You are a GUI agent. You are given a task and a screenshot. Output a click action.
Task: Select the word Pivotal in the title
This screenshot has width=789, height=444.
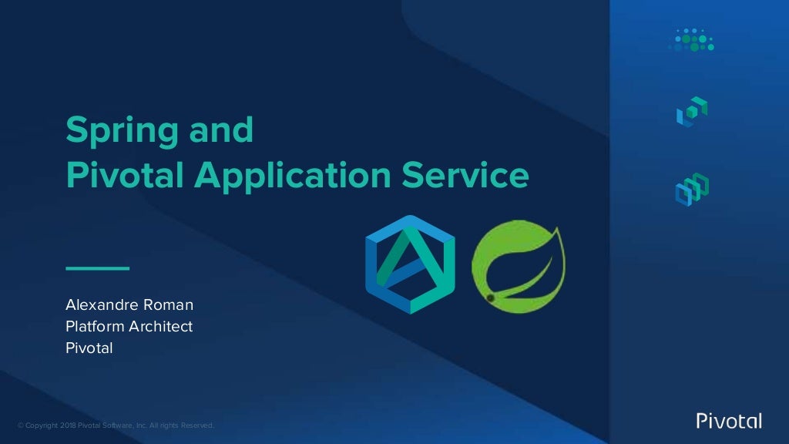click(124, 176)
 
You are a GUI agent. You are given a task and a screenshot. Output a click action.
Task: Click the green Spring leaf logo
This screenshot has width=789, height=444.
click(517, 267)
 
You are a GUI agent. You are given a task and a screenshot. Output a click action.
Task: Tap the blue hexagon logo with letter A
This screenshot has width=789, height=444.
click(410, 264)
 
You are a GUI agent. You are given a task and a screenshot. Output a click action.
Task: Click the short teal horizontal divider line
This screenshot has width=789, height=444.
click(98, 268)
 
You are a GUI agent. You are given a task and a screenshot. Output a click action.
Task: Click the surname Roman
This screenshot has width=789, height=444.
click(170, 306)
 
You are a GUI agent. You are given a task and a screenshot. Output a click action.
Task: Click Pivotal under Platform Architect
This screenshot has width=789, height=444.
click(89, 348)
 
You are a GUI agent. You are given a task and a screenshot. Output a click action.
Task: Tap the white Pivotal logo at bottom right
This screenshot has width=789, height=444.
click(728, 421)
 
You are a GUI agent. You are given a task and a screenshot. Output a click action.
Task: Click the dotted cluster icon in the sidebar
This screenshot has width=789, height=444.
click(691, 41)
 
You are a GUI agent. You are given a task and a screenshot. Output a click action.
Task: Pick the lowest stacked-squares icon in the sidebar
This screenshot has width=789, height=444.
click(691, 190)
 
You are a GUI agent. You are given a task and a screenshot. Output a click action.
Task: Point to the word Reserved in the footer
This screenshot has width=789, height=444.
click(198, 425)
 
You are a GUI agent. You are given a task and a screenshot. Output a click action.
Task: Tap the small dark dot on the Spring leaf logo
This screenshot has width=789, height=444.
click(490, 297)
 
